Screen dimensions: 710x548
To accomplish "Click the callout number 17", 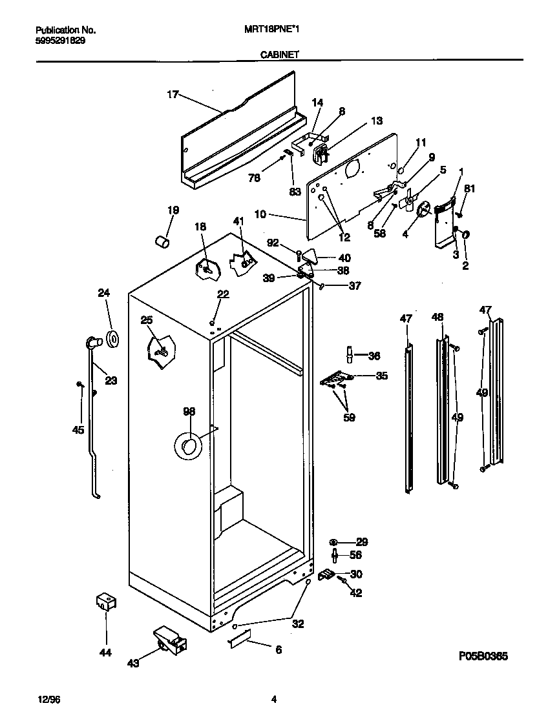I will (x=172, y=95).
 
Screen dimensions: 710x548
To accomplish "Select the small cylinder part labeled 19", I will (x=163, y=241).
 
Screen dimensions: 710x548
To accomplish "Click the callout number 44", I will (x=105, y=653).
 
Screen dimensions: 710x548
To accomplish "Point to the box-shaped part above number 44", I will (x=105, y=603).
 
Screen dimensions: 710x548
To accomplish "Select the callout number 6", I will (x=279, y=650).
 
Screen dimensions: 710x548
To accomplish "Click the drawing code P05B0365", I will (x=483, y=656).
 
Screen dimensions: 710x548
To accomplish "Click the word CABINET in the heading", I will (x=279, y=56).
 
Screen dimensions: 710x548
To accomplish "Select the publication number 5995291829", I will (x=59, y=40).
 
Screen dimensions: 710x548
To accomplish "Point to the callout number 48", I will (x=437, y=317).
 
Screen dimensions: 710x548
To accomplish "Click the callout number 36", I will (x=374, y=355).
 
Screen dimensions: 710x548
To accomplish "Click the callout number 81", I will (x=470, y=189).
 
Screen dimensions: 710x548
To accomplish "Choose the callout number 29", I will (x=362, y=542).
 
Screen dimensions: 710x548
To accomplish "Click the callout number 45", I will (x=78, y=429).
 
